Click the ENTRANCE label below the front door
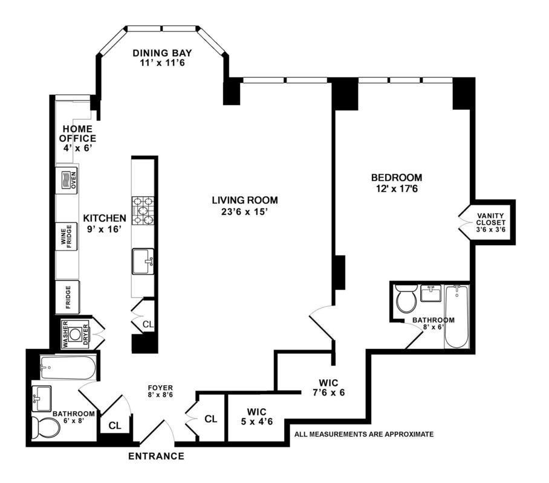pyautogui.click(x=156, y=456)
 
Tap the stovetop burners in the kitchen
pyautogui.click(x=143, y=211)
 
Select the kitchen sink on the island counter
pyautogui.click(x=143, y=261)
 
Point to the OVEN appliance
pyautogui.click(x=70, y=180)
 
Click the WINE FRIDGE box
pyautogui.click(x=67, y=236)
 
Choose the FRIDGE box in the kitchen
pyautogui.click(x=68, y=297)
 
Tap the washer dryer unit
pyautogui.click(x=76, y=334)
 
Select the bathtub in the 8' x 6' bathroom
pyautogui.click(x=456, y=316)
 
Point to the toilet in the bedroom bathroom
pyautogui.click(x=406, y=298)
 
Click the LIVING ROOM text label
pyautogui.click(x=245, y=200)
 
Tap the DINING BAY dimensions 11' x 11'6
pyautogui.click(x=162, y=63)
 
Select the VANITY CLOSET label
pyautogui.click(x=490, y=219)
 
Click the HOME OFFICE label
pyautogui.click(x=78, y=133)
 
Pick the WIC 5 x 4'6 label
pyautogui.click(x=256, y=417)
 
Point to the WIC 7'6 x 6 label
pyautogui.click(x=328, y=388)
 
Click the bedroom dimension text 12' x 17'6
pyautogui.click(x=397, y=189)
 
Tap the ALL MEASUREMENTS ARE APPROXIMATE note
pyautogui.click(x=364, y=434)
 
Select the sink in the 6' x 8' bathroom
pyautogui.click(x=41, y=398)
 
